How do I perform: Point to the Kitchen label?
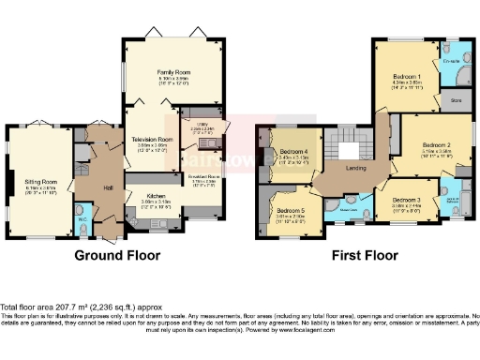click(x=156, y=196)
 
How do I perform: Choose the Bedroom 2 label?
click(x=437, y=145)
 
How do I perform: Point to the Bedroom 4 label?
click(x=294, y=152)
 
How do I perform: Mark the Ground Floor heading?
click(x=117, y=255)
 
